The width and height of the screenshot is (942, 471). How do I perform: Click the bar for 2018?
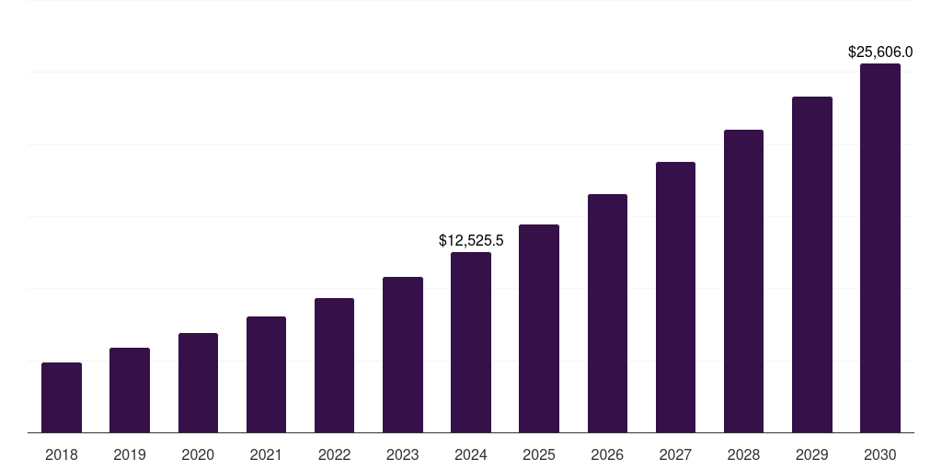pos(62,397)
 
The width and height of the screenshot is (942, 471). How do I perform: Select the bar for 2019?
pos(130,390)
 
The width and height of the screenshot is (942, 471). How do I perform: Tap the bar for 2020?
pos(198,383)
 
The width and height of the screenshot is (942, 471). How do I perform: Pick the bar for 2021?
pos(266,374)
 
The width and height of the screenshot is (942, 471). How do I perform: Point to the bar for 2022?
pos(334,365)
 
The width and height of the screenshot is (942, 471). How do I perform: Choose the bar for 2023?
pos(403,355)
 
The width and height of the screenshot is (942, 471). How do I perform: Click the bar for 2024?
pos(471,342)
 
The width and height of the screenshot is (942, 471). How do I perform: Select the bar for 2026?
pos(607,313)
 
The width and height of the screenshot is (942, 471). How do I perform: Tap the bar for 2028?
pos(743,281)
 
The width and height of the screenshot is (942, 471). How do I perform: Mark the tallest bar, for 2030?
pos(880,248)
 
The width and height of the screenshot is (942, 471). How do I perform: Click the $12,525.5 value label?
pos(471,241)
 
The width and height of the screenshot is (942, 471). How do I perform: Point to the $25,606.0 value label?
pos(880,52)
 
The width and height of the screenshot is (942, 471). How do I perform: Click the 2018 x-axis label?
pos(62,454)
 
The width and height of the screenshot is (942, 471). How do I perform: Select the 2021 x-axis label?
pos(266,454)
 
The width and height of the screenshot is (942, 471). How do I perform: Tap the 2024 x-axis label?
pos(471,454)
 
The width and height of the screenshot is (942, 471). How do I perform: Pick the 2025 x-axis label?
pos(539,454)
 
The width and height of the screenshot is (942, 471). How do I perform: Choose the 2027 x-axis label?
pos(675,454)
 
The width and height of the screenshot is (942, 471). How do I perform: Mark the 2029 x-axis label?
pos(812,454)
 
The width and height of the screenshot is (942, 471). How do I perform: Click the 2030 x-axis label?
pos(880,454)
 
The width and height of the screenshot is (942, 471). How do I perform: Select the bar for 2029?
pos(812,265)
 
